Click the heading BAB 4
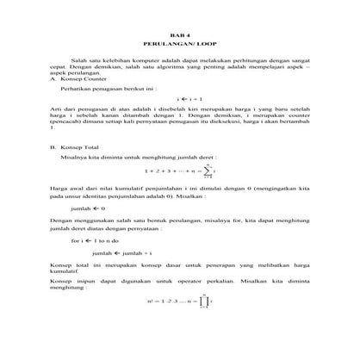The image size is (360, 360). [x=180, y=32]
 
